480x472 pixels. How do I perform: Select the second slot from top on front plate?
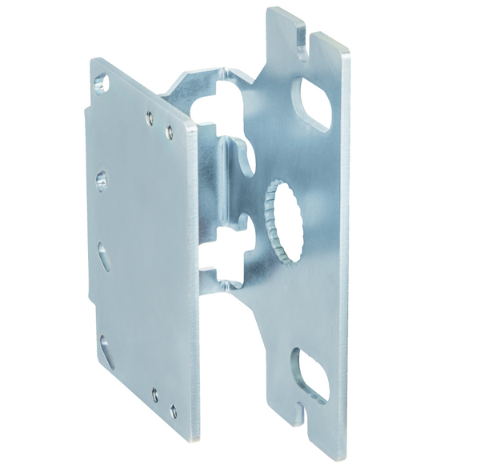[x=102, y=180]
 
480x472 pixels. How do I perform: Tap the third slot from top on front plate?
[x=105, y=255]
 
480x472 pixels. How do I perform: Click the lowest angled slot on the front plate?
[x=106, y=350]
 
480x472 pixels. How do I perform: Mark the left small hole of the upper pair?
[x=150, y=118]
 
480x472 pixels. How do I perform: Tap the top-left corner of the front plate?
[x=92, y=59]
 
